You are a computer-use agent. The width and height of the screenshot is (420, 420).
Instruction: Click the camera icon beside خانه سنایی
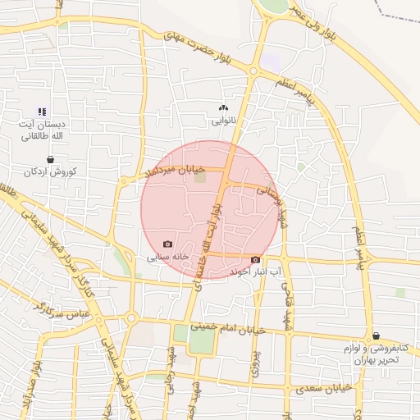tap(168, 244)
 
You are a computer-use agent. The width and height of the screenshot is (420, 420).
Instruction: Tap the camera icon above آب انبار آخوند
tap(255, 259)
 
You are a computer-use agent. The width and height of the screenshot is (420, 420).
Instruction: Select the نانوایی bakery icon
tap(223, 107)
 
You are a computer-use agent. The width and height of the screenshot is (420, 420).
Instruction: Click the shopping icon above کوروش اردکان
tap(51, 160)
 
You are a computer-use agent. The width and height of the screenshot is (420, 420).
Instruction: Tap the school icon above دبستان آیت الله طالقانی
tap(43, 112)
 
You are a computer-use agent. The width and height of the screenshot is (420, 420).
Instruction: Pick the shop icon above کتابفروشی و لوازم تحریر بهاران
tap(376, 336)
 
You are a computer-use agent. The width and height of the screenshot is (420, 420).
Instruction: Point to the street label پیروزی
tap(253, 361)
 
